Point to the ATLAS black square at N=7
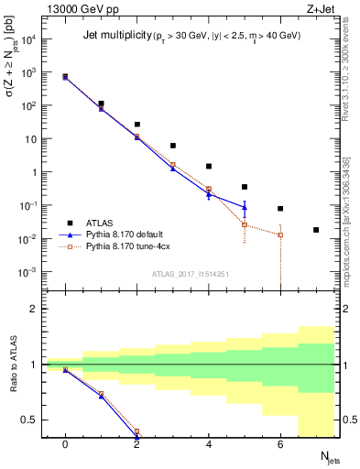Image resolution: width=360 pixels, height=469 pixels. [x=316, y=230]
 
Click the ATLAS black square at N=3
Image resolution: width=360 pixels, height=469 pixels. [x=173, y=146]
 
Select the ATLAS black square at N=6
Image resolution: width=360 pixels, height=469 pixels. [x=280, y=209]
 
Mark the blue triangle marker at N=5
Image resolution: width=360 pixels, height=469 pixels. [x=245, y=206]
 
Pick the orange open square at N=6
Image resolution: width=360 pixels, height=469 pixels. [x=280, y=234]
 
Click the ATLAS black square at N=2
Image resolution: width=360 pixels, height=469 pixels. [x=137, y=125]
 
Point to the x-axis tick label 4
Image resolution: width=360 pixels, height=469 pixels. [x=209, y=444]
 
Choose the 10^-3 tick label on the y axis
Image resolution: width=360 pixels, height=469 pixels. [x=29, y=272]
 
